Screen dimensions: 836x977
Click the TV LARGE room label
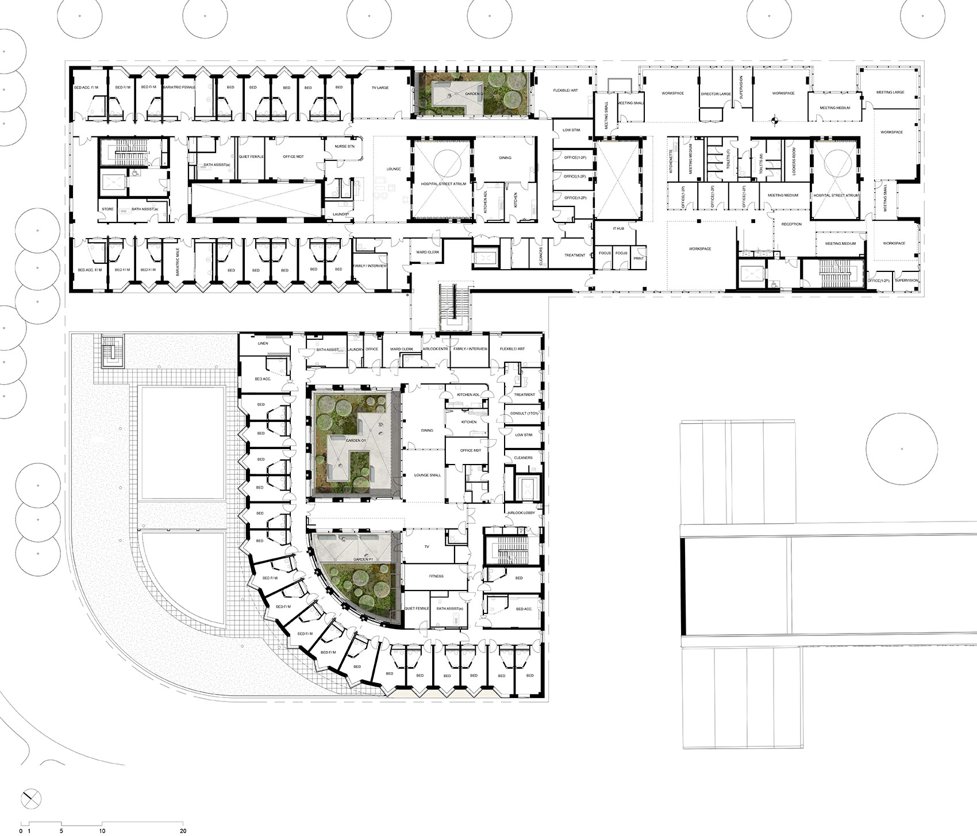click(379, 87)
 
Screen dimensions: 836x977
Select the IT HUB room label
click(618, 228)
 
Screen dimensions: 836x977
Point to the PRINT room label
click(638, 258)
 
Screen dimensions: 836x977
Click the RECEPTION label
click(791, 224)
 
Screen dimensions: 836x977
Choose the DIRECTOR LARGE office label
click(716, 94)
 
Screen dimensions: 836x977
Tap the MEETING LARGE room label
click(890, 92)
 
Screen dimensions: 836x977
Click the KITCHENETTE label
click(671, 163)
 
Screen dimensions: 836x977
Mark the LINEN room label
click(263, 343)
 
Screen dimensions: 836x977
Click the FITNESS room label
click(436, 576)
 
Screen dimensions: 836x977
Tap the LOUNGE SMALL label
click(428, 475)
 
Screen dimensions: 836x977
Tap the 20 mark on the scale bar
click(183, 830)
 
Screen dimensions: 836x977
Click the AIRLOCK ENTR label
click(435, 349)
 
